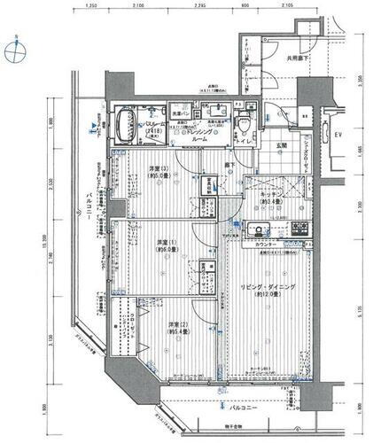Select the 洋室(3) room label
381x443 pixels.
(x=142, y=169)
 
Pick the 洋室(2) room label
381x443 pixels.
(x=182, y=330)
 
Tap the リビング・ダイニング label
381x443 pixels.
(x=265, y=289)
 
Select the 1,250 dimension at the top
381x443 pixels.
(x=91, y=7)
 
